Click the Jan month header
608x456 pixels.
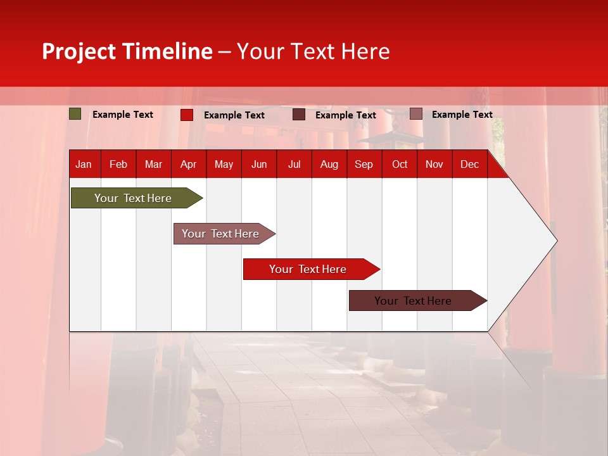84,165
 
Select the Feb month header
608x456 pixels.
118,165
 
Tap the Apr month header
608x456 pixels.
188,165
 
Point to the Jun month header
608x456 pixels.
259,165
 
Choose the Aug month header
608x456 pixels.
329,165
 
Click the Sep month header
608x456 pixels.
364,165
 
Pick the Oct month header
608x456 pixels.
400,165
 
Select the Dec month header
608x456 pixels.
469,165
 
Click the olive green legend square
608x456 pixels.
75,114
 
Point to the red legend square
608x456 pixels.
187,115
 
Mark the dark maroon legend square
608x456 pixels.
299,115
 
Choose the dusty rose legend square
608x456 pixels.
415,114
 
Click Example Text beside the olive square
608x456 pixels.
123,115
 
